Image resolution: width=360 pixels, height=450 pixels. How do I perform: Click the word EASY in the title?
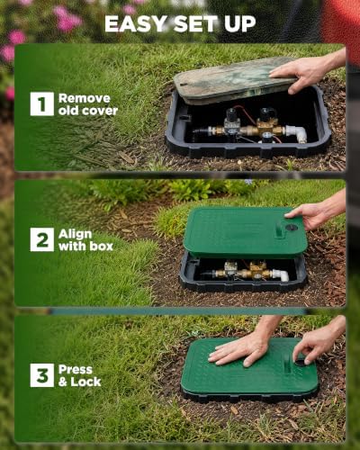click(136, 24)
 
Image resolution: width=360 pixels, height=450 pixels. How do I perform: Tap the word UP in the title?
click(240, 24)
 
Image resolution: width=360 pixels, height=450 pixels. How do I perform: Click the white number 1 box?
click(42, 104)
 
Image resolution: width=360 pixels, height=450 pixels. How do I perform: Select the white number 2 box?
click(42, 239)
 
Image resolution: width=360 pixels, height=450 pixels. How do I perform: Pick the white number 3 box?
click(42, 375)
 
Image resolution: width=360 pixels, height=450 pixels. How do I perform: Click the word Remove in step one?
click(85, 98)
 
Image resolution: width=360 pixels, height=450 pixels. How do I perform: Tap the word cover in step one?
click(100, 111)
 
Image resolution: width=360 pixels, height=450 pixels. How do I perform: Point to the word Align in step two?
click(75, 234)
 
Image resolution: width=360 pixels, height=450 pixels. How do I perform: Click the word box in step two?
click(100, 247)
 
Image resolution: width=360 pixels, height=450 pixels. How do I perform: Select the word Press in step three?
click(76, 370)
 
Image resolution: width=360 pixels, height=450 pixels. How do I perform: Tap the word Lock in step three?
click(85, 382)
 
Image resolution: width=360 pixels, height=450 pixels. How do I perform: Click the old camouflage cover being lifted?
click(234, 80)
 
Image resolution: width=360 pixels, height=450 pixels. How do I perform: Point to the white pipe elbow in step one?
click(296, 133)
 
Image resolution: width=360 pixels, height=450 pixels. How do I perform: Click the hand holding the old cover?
click(303, 73)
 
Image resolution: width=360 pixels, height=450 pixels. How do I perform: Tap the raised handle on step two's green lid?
click(279, 229)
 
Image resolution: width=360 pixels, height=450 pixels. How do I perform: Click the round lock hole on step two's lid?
click(291, 228)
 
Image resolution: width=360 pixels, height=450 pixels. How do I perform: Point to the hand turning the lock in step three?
click(315, 345)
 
